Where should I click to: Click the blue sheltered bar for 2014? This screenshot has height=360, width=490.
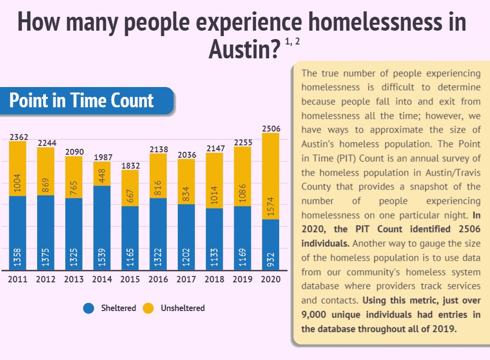pyautogui.click(x=102, y=227)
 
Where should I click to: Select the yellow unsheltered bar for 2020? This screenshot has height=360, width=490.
pyautogui.click(x=271, y=176)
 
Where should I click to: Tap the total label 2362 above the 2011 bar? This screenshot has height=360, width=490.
pyautogui.click(x=17, y=136)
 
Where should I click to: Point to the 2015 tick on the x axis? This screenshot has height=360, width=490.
pyautogui.click(x=130, y=279)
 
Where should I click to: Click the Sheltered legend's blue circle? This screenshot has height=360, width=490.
pyautogui.click(x=89, y=308)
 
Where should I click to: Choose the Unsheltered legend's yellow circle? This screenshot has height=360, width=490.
pyautogui.click(x=148, y=308)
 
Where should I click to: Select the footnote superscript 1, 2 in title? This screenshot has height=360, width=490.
pyautogui.click(x=293, y=43)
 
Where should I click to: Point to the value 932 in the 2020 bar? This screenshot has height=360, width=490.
pyautogui.click(x=271, y=259)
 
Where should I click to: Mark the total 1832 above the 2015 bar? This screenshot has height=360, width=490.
pyautogui.click(x=130, y=166)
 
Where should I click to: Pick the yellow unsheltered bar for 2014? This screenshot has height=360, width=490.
pyautogui.click(x=102, y=174)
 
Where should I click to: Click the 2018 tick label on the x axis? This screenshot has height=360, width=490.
pyautogui.click(x=215, y=279)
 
